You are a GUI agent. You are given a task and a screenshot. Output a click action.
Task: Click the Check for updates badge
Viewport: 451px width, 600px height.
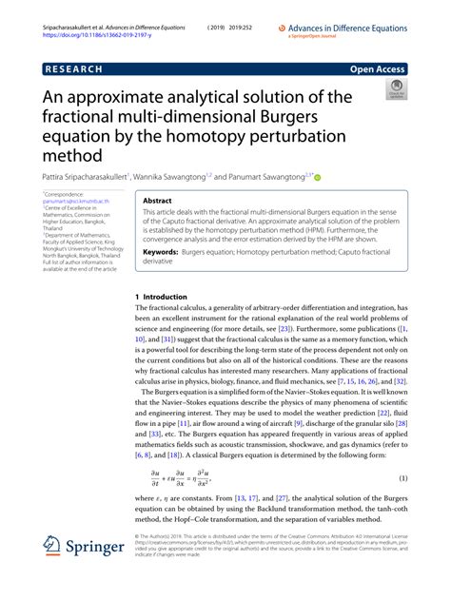(395, 91)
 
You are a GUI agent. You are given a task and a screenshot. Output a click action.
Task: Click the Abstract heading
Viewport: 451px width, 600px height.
(158, 202)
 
